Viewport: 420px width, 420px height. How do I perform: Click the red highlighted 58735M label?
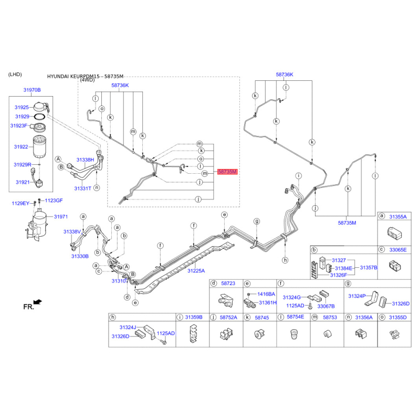click(227, 172)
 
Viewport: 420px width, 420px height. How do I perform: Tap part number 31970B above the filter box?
click(32, 90)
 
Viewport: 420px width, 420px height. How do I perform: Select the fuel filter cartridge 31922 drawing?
click(40, 147)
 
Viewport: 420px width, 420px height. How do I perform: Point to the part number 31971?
click(61, 217)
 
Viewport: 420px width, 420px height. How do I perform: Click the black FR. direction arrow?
click(38, 302)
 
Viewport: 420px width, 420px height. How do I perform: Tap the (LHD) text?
click(15, 75)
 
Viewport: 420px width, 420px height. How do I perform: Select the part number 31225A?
click(196, 271)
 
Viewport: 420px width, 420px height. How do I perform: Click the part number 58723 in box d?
click(228, 283)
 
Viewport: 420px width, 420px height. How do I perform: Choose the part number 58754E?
click(296, 317)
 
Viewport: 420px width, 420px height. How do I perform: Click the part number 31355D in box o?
click(398, 318)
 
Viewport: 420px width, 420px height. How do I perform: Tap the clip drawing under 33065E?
click(394, 266)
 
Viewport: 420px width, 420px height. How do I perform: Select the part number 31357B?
click(369, 268)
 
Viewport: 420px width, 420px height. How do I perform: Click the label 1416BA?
click(266, 294)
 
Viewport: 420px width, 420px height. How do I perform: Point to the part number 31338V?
click(72, 232)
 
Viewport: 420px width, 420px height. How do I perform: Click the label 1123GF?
click(54, 201)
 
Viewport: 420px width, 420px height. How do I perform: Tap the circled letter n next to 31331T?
click(97, 188)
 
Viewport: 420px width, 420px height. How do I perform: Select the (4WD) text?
click(87, 80)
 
